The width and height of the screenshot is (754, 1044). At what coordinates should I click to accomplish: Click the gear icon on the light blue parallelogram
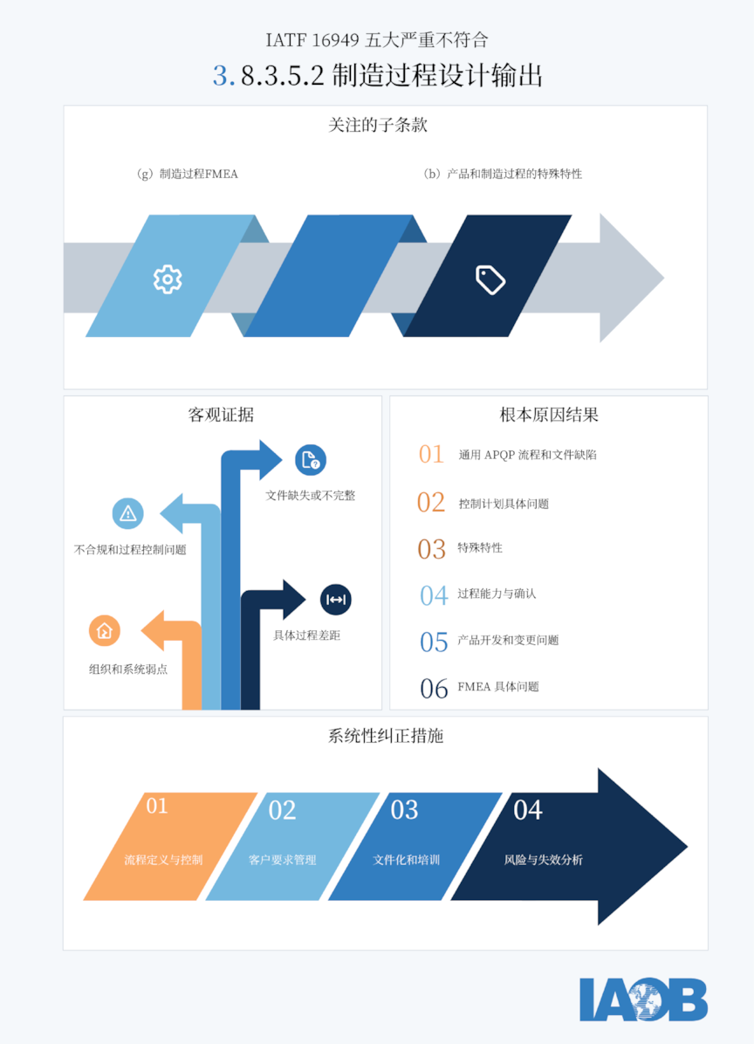pyautogui.click(x=167, y=279)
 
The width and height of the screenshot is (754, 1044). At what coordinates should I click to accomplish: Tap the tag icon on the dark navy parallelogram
pyautogui.click(x=490, y=279)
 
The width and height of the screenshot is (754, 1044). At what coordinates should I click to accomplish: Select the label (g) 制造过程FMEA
pyautogui.click(x=187, y=175)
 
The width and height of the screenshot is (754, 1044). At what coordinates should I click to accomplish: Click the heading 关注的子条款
pyautogui.click(x=377, y=125)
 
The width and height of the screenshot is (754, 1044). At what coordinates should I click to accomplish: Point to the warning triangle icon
pyautogui.click(x=127, y=513)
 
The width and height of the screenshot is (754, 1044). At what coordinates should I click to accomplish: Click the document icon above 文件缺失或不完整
pyautogui.click(x=311, y=460)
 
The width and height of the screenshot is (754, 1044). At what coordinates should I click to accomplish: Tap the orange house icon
pyautogui.click(x=105, y=630)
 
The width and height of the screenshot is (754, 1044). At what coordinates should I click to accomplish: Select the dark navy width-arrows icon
pyautogui.click(x=336, y=599)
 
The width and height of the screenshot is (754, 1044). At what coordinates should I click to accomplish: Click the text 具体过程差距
pyautogui.click(x=307, y=635)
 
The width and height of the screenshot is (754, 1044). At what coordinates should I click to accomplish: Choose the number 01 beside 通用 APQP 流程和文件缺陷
pyautogui.click(x=431, y=454)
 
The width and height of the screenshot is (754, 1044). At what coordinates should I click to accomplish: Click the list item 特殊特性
pyautogui.click(x=480, y=548)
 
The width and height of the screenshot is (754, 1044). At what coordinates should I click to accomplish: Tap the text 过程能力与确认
pyautogui.click(x=497, y=594)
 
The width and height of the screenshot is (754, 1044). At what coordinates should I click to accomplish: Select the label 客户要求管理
pyautogui.click(x=282, y=860)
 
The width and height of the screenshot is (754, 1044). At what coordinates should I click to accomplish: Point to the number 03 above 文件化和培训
pyautogui.click(x=404, y=810)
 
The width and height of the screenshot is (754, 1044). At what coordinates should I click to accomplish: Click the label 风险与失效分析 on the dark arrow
pyautogui.click(x=543, y=860)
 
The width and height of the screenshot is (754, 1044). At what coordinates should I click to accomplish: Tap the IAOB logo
pyautogui.click(x=643, y=999)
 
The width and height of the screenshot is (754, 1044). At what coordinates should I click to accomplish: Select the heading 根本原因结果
pyautogui.click(x=549, y=416)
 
